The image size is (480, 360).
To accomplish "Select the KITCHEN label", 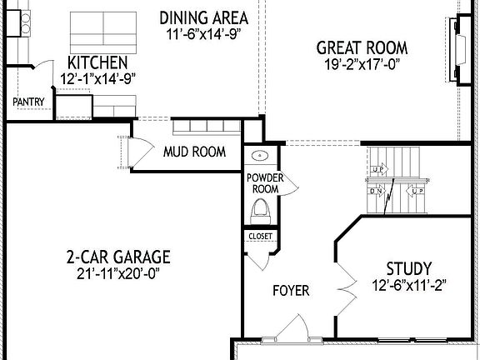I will pos(97,62).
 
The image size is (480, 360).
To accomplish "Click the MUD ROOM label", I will pos(194,152).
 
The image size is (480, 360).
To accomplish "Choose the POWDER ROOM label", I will pos(264,183).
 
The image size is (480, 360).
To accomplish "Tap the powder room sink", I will pos(258,156).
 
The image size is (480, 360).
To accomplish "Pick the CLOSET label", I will pos(259,237).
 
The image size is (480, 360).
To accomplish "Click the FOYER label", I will pos(291,291).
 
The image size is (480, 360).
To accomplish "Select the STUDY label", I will pos(408,268).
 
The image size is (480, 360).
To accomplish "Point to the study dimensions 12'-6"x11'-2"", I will pos(408,285).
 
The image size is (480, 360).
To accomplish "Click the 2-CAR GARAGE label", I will pos(118,256).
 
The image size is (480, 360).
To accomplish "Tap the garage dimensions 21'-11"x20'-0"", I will pos(118,272).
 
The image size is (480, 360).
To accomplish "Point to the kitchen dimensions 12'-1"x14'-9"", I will pos(97,79).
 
